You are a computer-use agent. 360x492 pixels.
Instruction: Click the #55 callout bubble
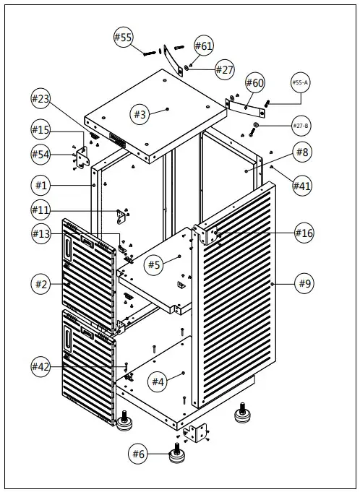[124, 37]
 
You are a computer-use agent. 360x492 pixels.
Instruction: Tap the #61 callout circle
[204, 46]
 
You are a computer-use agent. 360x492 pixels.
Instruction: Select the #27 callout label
[225, 69]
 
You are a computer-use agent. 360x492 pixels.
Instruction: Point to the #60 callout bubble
[255, 82]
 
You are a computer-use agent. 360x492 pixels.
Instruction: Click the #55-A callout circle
[301, 82]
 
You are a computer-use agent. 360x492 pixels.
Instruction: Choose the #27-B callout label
[301, 126]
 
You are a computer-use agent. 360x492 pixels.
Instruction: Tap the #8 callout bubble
[303, 152]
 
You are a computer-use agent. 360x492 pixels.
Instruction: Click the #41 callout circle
[302, 186]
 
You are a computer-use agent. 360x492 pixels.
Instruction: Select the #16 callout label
[304, 233]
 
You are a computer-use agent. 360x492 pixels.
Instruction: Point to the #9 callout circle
[304, 284]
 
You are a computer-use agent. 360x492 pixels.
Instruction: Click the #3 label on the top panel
[140, 114]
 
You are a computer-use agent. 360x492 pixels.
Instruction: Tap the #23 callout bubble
[40, 98]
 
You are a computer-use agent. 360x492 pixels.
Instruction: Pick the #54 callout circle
[40, 155]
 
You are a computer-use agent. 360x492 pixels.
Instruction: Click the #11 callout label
[40, 210]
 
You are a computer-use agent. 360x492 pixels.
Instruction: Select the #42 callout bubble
[40, 366]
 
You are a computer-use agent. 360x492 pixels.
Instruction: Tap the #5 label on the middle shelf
[154, 265]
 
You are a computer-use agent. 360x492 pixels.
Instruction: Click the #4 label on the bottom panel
[158, 381]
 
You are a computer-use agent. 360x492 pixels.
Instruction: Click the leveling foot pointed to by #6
[177, 454]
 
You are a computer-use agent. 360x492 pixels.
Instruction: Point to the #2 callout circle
[40, 284]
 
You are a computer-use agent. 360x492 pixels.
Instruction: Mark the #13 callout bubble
[40, 233]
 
